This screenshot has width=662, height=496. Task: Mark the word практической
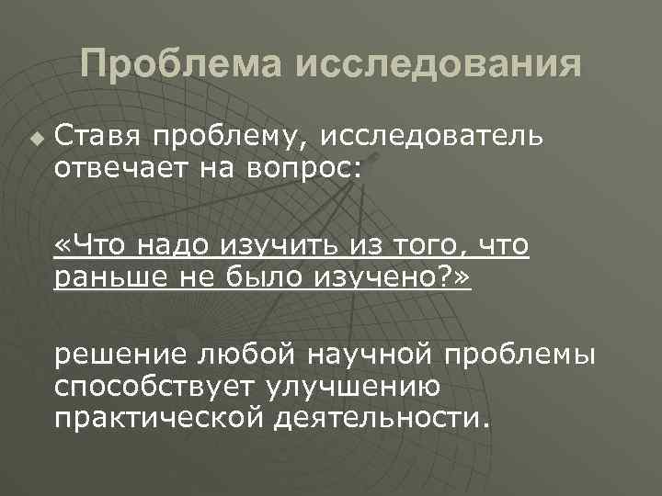coord(157,419)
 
